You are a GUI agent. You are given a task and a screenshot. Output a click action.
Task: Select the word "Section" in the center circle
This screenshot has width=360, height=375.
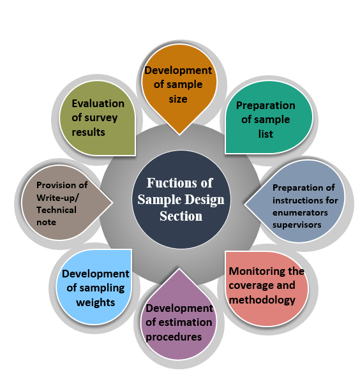pyautogui.click(x=181, y=216)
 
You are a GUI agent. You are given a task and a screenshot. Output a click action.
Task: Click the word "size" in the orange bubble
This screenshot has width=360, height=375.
pyautogui.click(x=178, y=99)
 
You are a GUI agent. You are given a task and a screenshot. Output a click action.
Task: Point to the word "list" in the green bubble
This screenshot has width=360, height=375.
pyautogui.click(x=266, y=134)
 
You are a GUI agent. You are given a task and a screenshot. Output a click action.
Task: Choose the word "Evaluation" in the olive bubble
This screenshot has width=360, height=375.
pyautogui.click(x=98, y=103)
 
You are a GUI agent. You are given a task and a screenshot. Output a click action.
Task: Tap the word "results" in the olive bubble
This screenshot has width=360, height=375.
pyautogui.click(x=88, y=132)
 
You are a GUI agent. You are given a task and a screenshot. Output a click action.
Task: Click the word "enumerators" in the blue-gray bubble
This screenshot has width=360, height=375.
pyautogui.click(x=300, y=212)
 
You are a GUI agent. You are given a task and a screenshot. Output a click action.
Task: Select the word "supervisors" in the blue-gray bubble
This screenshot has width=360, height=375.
pyautogui.click(x=297, y=225)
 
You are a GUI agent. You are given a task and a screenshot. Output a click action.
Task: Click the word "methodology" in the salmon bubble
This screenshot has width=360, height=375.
pyautogui.click(x=262, y=300)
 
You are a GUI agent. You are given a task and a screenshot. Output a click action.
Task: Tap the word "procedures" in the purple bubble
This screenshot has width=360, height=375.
pyautogui.click(x=174, y=337)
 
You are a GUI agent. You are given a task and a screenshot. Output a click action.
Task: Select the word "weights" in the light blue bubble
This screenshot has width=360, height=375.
pyautogui.click(x=96, y=303)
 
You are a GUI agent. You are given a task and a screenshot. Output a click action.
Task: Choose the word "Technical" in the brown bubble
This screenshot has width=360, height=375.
pyautogui.click(x=56, y=210)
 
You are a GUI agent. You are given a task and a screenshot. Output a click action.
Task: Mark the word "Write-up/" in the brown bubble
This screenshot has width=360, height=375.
pyautogui.click(x=57, y=198)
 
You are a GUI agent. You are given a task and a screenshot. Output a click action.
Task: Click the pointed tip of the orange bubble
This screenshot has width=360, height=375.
pyautogui.click(x=179, y=135)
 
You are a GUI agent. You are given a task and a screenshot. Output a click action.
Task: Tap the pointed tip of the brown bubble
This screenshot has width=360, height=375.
pyautogui.click(x=113, y=202)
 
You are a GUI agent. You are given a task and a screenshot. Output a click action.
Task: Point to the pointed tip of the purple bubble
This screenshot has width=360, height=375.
pyautogui.click(x=179, y=268)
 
